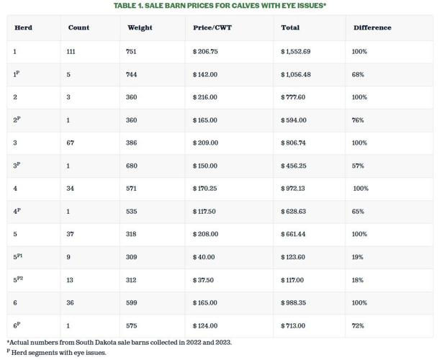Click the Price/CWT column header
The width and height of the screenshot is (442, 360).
[212, 28]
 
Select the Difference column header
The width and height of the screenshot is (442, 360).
[372, 28]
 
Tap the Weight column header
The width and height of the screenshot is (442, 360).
[140, 28]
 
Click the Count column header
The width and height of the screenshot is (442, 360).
[78, 28]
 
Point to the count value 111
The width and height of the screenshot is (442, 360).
[71, 52]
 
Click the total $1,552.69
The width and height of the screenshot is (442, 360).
[295, 52]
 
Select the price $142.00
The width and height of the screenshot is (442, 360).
[204, 75]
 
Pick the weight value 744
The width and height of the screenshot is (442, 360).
[131, 75]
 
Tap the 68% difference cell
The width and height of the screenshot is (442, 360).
[358, 75]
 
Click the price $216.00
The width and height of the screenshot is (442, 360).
[204, 97]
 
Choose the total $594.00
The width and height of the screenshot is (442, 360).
[293, 120]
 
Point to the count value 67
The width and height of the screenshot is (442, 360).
[70, 143]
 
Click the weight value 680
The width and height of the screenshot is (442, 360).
[131, 166]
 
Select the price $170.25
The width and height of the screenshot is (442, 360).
[204, 189]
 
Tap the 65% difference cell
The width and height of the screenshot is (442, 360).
[358, 212]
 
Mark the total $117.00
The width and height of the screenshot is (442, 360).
[292, 280]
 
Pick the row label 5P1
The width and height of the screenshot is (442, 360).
[17, 257]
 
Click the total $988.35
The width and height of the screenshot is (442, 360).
[294, 303]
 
